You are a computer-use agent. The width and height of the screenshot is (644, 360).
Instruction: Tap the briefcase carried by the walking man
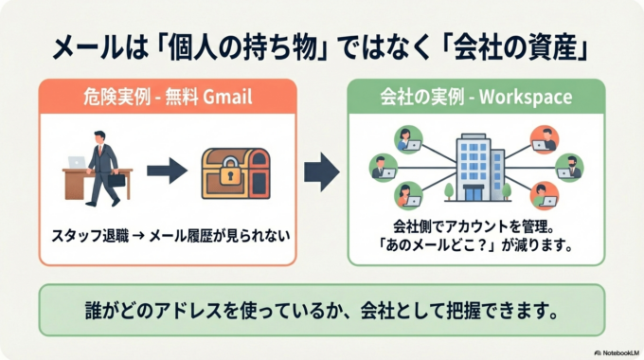tap(116, 179)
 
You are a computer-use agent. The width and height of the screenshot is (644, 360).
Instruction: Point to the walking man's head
tap(101, 137)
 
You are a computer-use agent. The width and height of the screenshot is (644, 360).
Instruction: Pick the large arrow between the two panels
tap(320, 171)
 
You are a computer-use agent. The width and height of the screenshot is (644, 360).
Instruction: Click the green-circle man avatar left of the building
tap(383, 169)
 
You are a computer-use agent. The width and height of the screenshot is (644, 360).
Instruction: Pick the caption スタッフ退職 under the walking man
tap(91, 233)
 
